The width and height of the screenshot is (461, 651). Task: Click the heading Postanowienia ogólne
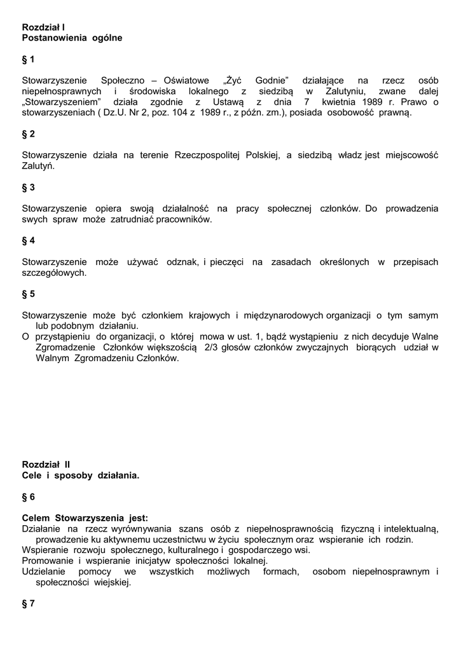pos(72,38)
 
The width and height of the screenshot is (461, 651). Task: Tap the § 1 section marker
pos(29,60)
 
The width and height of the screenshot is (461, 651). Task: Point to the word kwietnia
pos(339,102)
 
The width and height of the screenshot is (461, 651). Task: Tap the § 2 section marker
pos(29,134)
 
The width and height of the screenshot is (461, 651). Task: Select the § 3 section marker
pos(29,188)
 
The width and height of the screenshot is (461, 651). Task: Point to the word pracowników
pos(181,219)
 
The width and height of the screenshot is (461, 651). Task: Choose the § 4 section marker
pos(29,241)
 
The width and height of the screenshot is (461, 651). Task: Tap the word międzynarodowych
pos(284,315)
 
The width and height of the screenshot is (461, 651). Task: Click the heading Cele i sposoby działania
pos(80,476)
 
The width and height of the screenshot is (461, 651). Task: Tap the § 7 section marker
pos(29,604)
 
